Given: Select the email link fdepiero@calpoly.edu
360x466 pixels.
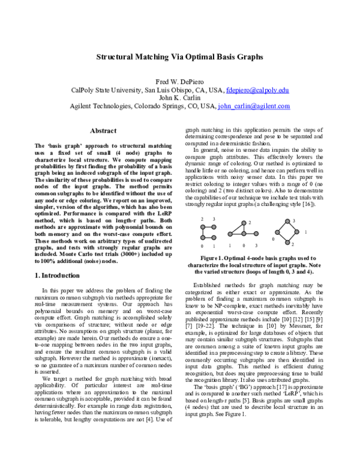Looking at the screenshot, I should point(257,90).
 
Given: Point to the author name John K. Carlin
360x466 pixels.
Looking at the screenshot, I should point(179,98).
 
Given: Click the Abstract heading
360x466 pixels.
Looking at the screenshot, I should point(103,130).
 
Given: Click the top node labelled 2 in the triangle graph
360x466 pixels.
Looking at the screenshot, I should point(243,224).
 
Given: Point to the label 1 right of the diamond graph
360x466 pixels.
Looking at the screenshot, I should point(305,232).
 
